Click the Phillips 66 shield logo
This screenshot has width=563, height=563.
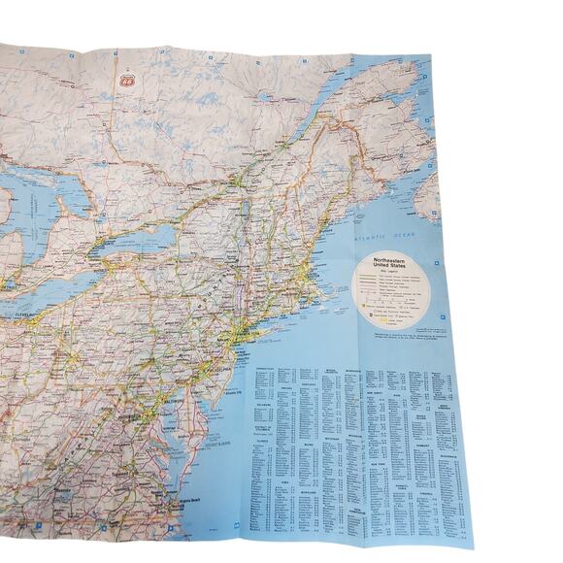(125, 83)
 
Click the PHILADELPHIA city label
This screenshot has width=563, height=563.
(218, 369)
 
